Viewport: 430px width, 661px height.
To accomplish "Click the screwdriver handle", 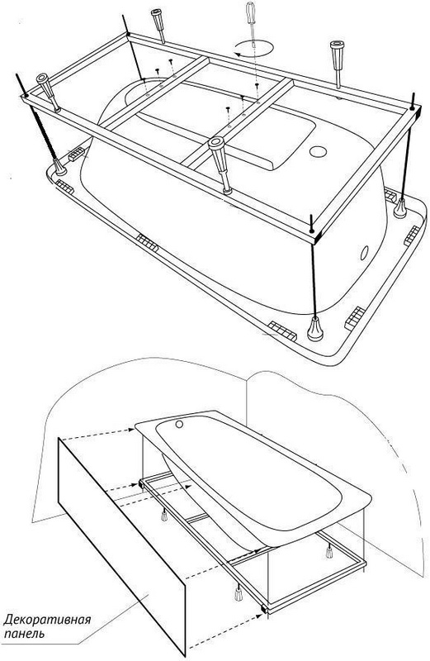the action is [x=251, y=12].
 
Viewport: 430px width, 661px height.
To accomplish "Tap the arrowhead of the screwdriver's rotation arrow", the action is [x=237, y=55].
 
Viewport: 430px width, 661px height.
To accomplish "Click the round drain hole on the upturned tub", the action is [x=318, y=151].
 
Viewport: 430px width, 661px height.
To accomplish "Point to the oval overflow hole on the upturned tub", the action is [x=364, y=253].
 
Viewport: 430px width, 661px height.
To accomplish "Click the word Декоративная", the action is [x=47, y=621].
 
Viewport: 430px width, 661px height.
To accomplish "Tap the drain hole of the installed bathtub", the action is [x=180, y=424].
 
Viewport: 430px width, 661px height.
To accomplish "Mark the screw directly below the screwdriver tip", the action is [x=257, y=86].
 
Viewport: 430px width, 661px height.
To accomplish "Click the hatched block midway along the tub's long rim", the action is [x=148, y=242].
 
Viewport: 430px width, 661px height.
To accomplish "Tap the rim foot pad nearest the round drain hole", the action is [x=390, y=196].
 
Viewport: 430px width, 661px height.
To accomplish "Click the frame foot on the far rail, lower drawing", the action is [x=329, y=551].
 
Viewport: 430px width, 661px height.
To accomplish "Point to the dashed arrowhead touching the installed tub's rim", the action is [x=131, y=430].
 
